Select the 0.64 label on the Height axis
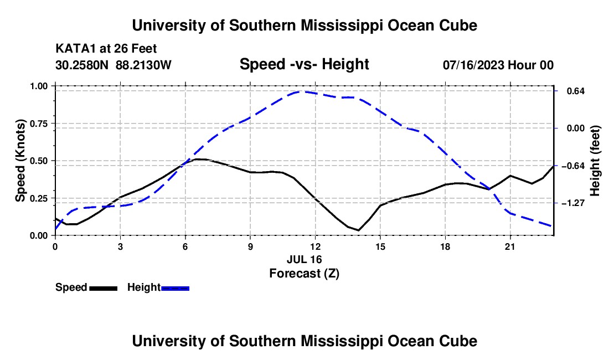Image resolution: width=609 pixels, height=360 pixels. pos(576,91)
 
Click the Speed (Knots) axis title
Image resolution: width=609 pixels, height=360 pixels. pos(20,161)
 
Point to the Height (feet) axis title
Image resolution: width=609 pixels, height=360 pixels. pos(595,161)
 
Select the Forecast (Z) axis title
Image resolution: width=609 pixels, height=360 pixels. pos(304,274)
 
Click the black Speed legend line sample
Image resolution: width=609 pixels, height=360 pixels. pos(104,289)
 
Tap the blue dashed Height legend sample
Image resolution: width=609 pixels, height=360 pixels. pos(175,289)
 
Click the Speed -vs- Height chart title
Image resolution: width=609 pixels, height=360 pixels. pos(304,64)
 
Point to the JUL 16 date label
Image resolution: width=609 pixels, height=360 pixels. pos(304,259)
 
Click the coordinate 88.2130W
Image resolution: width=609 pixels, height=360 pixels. pos(143,65)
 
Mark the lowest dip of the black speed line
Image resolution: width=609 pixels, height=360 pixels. pos(359,230)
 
